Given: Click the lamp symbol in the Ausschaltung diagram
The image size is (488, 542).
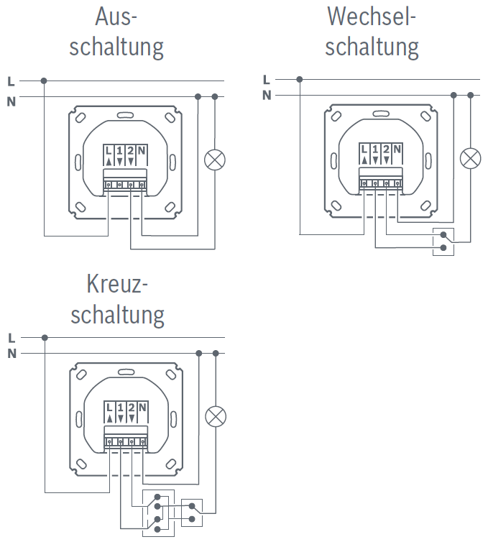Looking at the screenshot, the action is click(215, 160).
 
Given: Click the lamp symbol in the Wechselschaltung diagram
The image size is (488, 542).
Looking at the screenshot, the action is click(470, 158).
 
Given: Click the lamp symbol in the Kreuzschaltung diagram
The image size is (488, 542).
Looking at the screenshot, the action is click(216, 416).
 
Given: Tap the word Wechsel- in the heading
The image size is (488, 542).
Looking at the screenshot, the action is click(372, 17).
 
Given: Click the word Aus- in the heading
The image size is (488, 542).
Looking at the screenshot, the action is click(116, 17).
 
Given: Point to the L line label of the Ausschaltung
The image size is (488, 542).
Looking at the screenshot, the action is click(11, 81).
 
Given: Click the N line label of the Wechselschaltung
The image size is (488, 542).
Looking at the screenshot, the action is click(267, 95).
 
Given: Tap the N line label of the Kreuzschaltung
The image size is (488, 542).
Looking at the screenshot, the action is click(11, 353).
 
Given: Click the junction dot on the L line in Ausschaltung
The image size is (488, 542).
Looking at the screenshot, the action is click(44, 81).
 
